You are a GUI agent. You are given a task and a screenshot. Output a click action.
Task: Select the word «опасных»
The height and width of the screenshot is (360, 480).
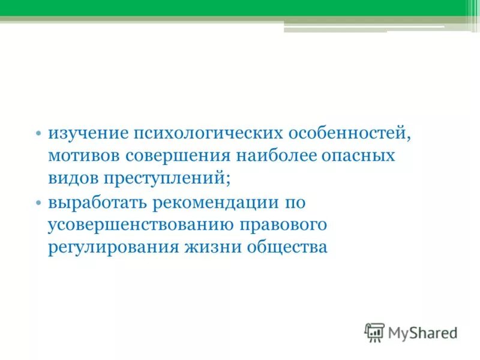362,156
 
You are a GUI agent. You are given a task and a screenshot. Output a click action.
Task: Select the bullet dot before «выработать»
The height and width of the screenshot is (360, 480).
38,203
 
